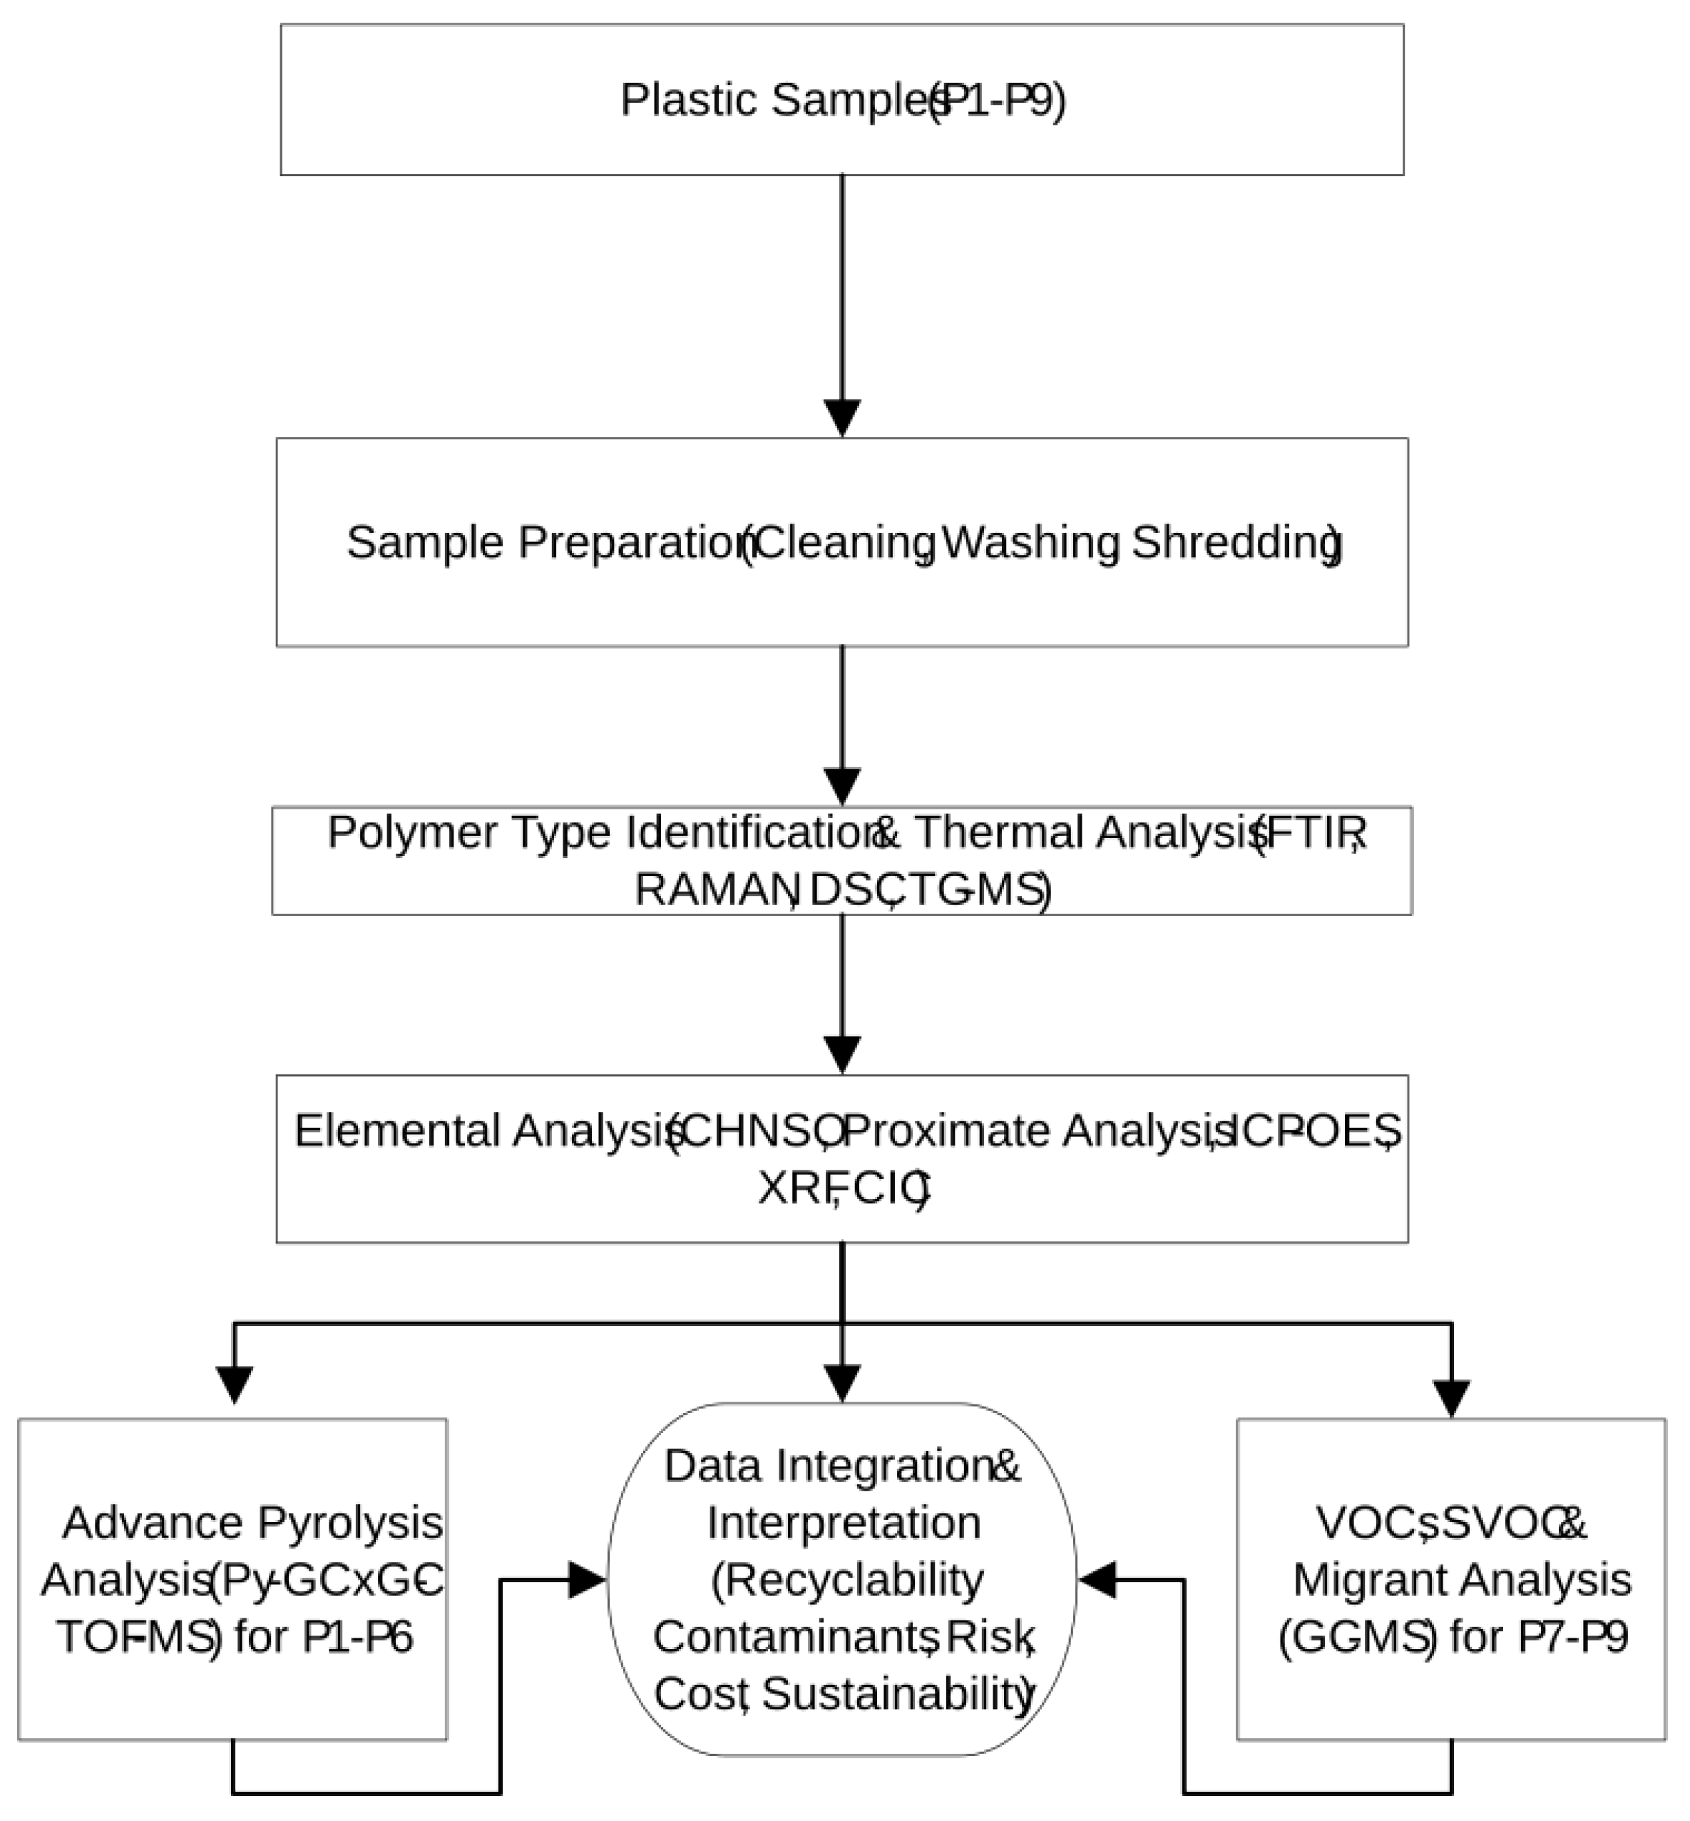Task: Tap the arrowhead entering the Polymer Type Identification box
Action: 842,787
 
